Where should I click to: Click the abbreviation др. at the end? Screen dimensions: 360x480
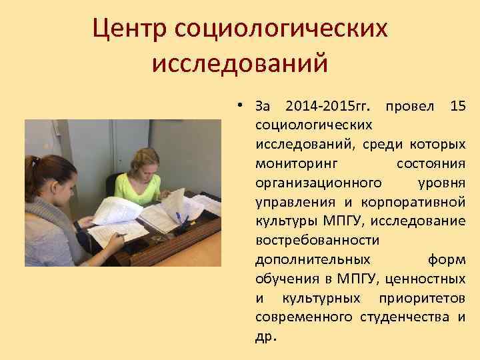click(x=265, y=336)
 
